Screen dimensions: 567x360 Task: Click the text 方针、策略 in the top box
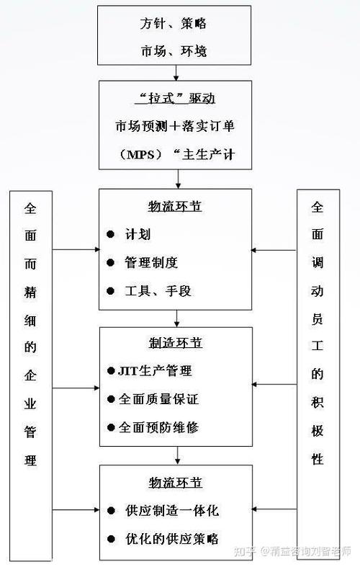tap(175, 24)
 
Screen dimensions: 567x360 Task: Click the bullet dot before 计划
tap(110, 235)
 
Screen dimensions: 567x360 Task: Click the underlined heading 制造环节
tap(175, 344)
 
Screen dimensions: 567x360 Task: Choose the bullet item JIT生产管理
tap(155, 372)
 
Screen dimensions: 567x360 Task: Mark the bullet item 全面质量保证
tap(158, 398)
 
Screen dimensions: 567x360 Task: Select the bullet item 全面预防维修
tap(158, 427)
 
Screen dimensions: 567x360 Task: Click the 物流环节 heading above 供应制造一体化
tap(175, 482)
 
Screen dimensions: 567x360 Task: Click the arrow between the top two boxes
tap(176, 73)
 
